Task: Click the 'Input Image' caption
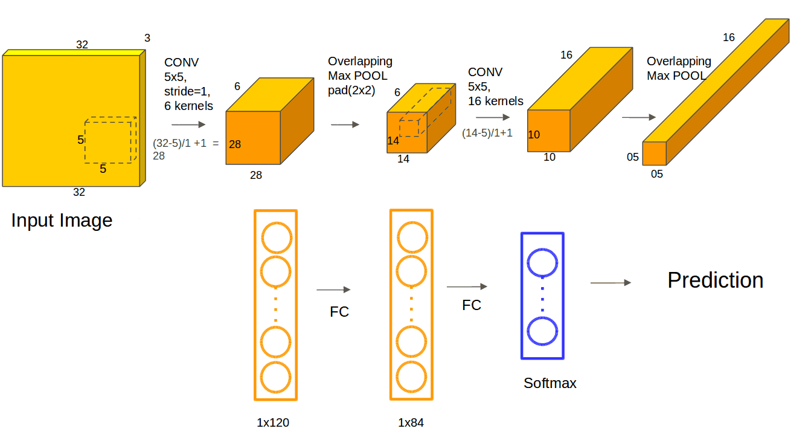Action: point(62,221)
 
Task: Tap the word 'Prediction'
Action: point(716,280)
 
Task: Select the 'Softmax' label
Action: point(550,383)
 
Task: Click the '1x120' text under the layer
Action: point(272,422)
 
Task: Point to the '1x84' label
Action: point(411,422)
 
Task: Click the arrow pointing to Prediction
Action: point(611,283)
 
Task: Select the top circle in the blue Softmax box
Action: point(542,263)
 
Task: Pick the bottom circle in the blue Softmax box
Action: point(542,331)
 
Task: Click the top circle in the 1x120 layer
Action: point(277,238)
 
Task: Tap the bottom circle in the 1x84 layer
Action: point(411,377)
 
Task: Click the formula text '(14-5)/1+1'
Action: point(487,133)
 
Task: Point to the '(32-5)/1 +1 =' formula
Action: point(186,143)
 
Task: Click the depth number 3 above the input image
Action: point(147,37)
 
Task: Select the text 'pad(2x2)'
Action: point(351,90)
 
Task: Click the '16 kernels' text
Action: point(495,101)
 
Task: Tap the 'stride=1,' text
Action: point(187,91)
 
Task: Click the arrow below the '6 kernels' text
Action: point(188,125)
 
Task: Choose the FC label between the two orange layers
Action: point(339,312)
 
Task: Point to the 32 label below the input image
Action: point(79,192)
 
